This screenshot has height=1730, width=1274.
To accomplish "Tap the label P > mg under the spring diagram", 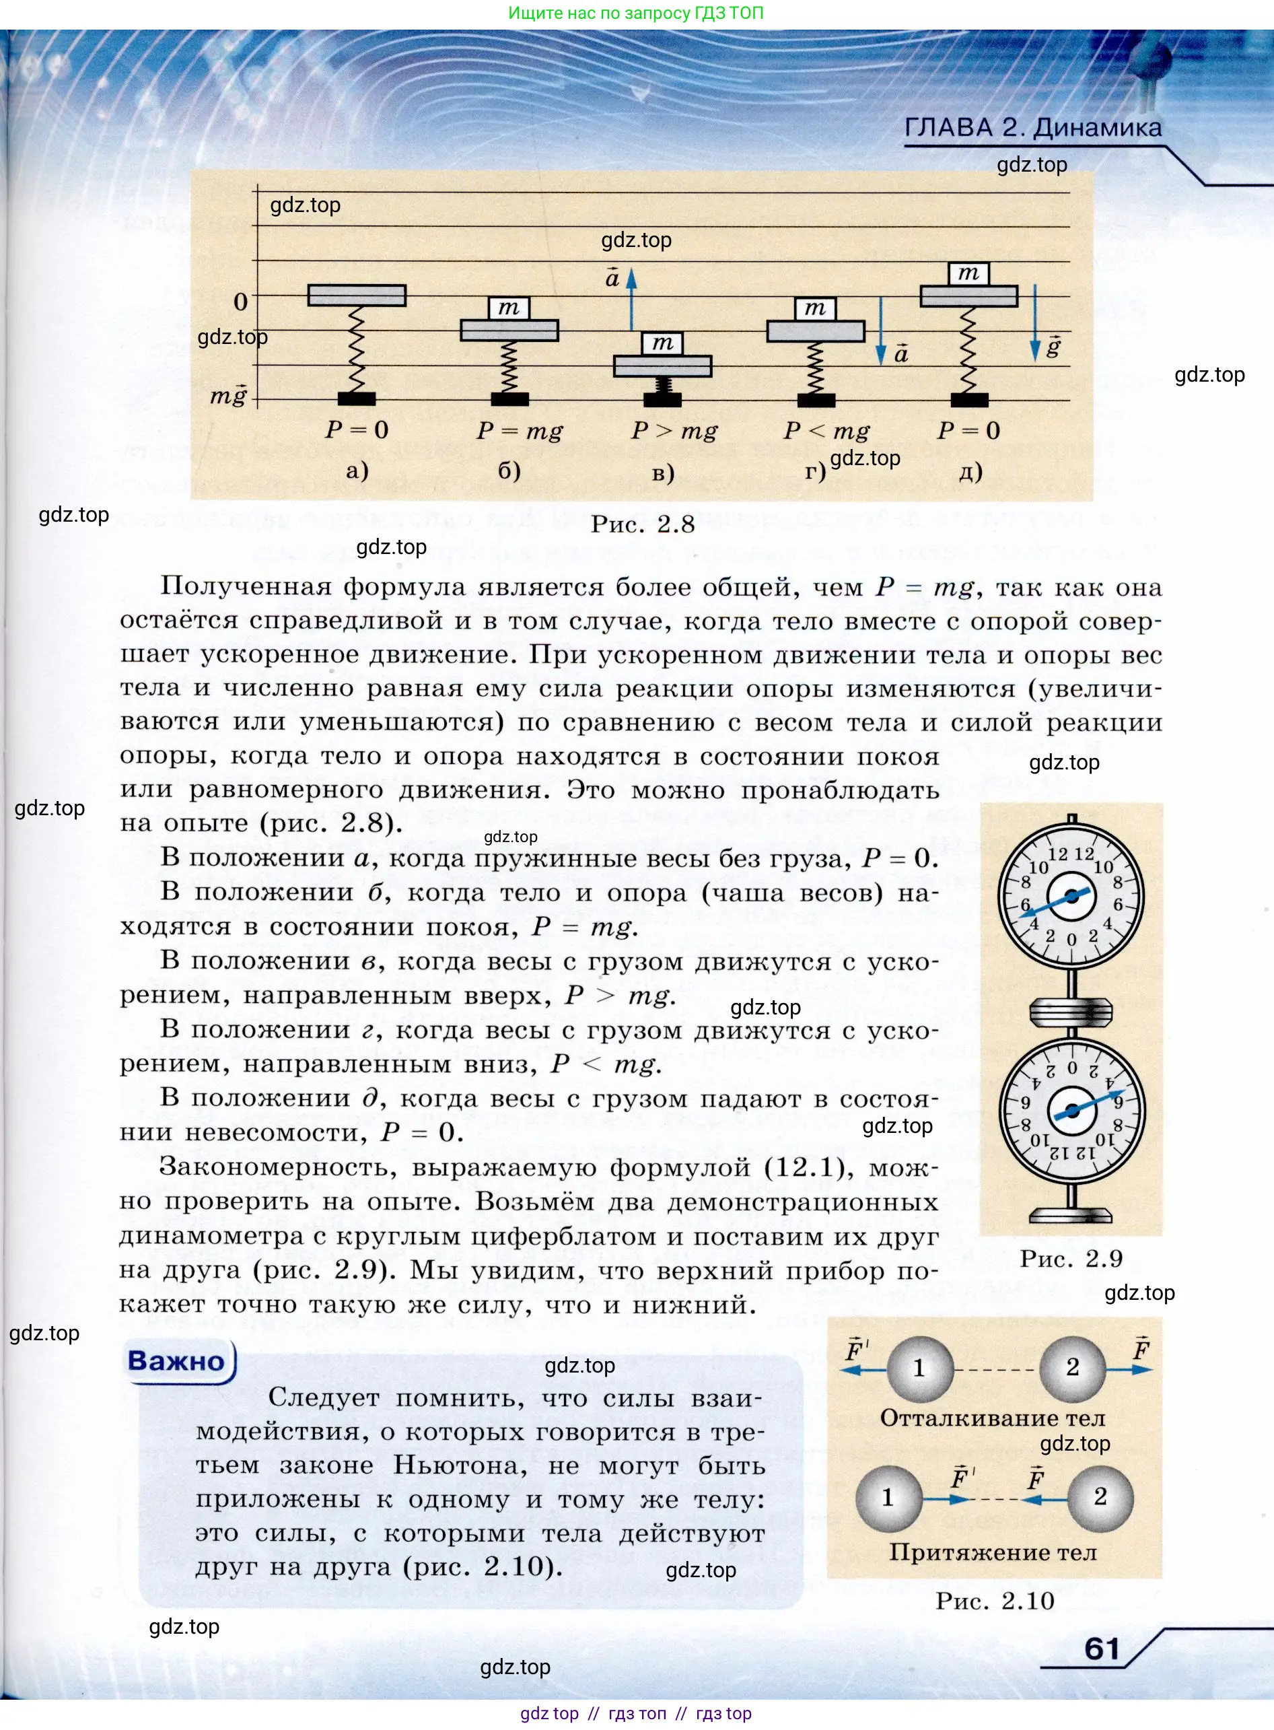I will (674, 430).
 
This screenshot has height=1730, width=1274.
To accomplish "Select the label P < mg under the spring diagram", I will (826, 430).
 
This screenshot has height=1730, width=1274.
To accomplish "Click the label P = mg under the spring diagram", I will (519, 430).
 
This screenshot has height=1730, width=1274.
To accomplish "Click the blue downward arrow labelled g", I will (1035, 324).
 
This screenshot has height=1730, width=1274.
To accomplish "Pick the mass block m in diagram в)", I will (662, 343).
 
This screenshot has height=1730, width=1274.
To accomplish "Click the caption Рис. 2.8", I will (643, 524).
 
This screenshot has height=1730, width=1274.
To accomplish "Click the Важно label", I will (176, 1360).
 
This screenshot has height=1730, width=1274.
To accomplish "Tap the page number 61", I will (1101, 1649).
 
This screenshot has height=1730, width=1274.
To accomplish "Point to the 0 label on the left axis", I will (241, 302).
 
